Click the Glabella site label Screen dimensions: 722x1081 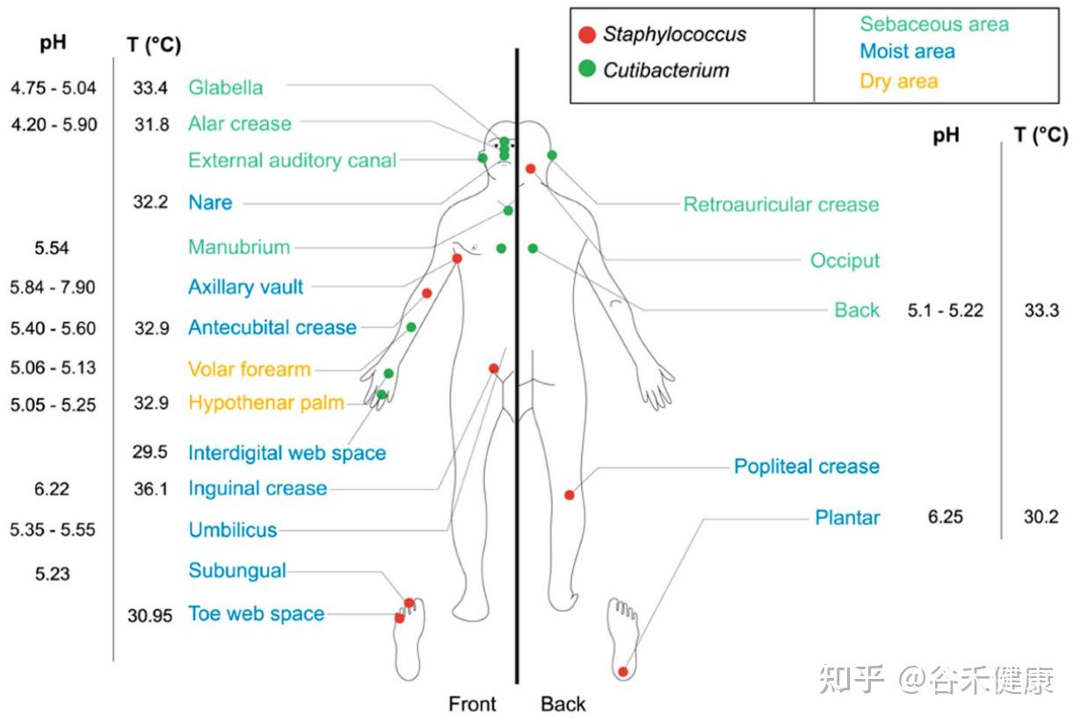point(225,87)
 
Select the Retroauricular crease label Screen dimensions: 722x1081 point(780,205)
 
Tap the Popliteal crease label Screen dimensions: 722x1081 point(806,466)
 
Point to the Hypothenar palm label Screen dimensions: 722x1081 point(265,403)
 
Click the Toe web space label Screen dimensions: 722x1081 point(256,614)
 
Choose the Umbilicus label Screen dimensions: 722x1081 point(232,530)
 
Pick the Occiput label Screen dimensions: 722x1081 point(845,260)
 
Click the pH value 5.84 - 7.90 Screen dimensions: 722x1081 point(53,288)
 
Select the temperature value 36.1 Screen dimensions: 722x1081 point(150,489)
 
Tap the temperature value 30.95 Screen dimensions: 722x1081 point(149,616)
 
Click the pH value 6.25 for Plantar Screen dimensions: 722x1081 point(945,517)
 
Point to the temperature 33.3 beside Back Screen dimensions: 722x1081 point(1041,310)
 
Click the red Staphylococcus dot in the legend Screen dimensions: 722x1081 point(588,35)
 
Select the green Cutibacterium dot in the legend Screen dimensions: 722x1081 point(588,69)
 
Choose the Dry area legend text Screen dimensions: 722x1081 point(898,82)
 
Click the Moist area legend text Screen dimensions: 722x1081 point(907,52)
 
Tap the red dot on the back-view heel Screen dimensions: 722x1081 point(623,672)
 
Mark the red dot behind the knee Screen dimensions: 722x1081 point(570,495)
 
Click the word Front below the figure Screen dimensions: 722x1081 point(472,704)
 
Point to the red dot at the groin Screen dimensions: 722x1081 point(494,368)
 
